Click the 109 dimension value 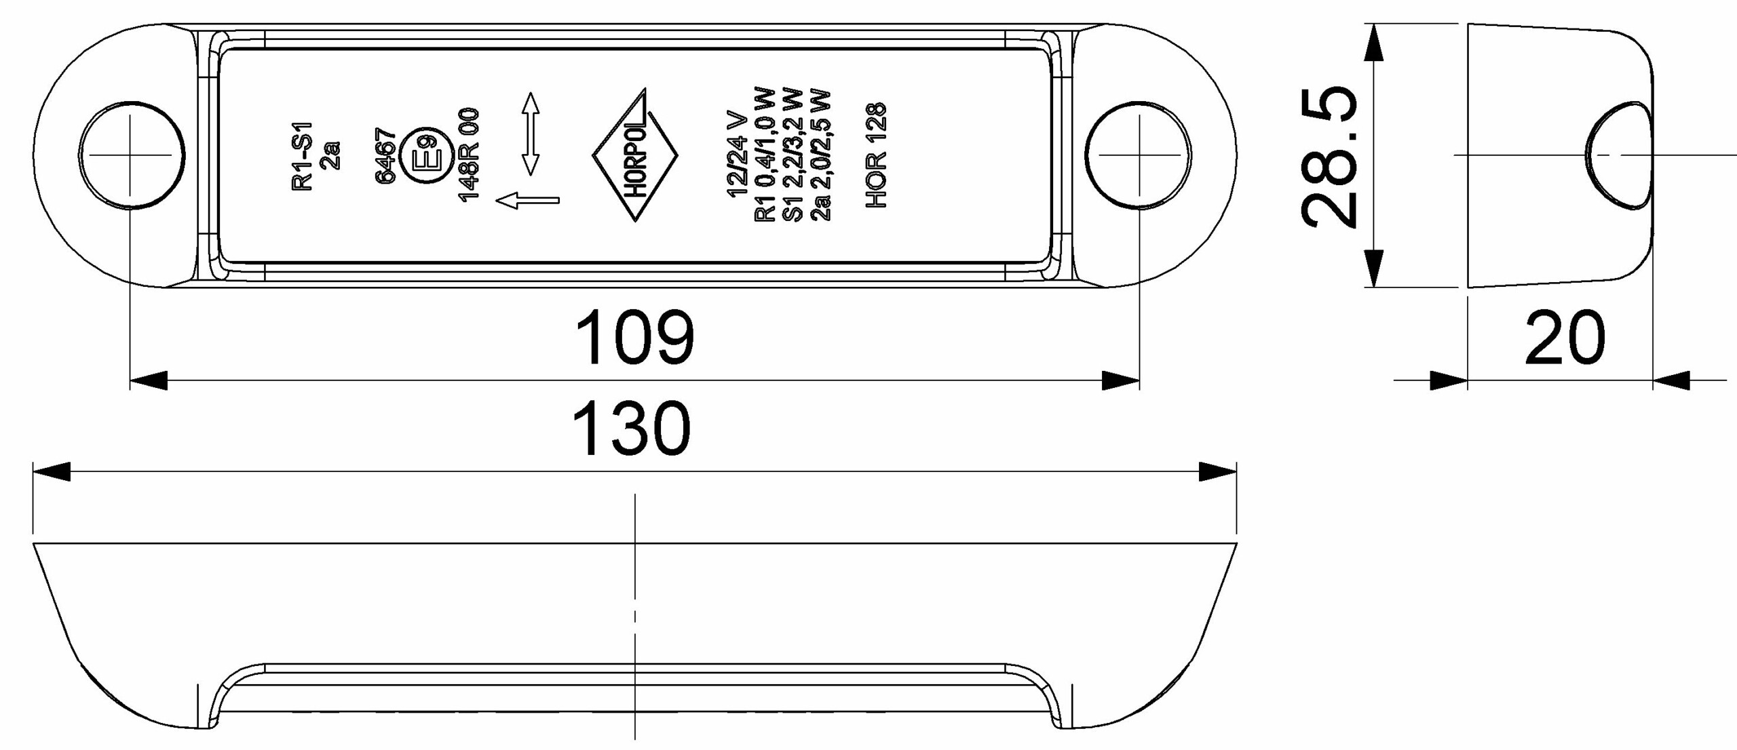tap(634, 337)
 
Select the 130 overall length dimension tap(632, 429)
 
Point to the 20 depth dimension tap(1565, 338)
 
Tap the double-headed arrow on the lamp tap(531, 134)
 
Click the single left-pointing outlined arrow tap(528, 200)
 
